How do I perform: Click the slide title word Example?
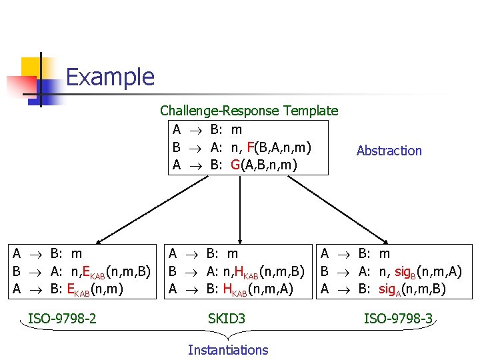click(110, 77)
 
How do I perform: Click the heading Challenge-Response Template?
click(249, 111)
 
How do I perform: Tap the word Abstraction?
click(389, 151)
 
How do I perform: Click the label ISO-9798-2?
click(62, 319)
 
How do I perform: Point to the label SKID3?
click(227, 319)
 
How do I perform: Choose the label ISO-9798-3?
click(398, 319)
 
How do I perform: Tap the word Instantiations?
click(228, 350)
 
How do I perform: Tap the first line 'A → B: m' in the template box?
click(207, 129)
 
